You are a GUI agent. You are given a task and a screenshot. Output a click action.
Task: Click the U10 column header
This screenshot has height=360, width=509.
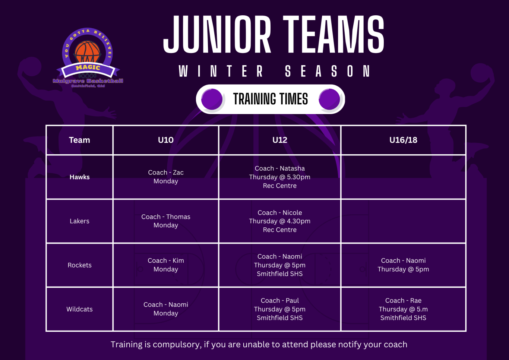pos(166,140)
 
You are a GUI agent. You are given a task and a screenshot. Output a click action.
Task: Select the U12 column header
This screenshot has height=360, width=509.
pos(280,140)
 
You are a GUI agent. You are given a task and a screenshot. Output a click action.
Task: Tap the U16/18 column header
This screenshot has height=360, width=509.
pos(403,140)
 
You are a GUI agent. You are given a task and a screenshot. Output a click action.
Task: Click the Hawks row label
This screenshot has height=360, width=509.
pos(79,177)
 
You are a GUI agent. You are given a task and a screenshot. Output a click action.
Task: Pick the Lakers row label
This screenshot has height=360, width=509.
pos(79,221)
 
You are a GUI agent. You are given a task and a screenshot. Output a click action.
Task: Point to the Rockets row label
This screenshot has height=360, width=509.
pos(79,265)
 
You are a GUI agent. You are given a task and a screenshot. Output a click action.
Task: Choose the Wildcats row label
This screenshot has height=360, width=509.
pos(79,309)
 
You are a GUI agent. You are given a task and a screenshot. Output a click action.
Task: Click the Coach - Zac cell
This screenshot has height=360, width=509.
pos(166,177)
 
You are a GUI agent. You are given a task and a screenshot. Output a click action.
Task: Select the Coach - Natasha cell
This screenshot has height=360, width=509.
pos(280,177)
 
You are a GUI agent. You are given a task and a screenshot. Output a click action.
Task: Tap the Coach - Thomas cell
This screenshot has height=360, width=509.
pos(166,221)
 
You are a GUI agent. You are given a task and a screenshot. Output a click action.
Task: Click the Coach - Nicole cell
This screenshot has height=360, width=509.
pos(280,221)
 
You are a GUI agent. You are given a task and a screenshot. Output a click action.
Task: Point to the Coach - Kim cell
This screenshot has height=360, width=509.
pos(166,265)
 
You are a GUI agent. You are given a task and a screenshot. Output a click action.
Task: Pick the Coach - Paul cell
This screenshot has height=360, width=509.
pos(280,309)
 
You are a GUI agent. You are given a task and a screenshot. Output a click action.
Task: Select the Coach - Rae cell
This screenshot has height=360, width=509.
pos(403,309)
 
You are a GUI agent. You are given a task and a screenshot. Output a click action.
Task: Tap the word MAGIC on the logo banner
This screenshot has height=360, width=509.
pos(88,67)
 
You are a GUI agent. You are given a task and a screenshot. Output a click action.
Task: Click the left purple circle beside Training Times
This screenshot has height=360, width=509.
pos(212,100)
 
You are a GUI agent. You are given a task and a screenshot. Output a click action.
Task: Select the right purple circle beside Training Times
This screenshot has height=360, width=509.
pos(329,100)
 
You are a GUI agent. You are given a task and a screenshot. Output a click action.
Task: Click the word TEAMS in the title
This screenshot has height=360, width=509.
pos(333,34)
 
